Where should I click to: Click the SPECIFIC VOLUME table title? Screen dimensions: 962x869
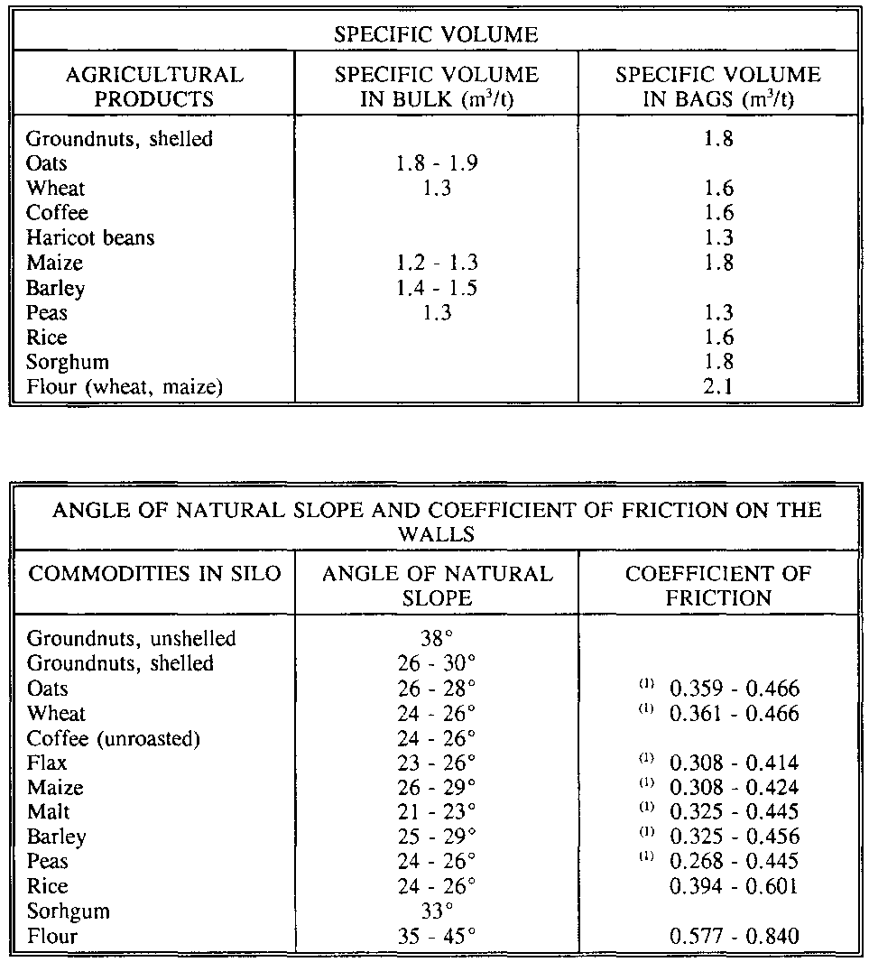(436, 35)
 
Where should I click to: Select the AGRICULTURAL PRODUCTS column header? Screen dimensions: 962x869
(154, 86)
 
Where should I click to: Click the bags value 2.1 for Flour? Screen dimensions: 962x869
(719, 387)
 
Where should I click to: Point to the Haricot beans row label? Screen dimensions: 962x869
(90, 237)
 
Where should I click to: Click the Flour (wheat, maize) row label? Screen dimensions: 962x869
(125, 387)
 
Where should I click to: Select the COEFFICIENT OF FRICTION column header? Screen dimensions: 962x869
(719, 586)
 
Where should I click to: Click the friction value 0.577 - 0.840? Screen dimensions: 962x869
(734, 936)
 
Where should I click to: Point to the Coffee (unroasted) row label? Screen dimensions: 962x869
(114, 737)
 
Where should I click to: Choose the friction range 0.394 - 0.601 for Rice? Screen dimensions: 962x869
(734, 885)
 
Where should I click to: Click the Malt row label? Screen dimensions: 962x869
(48, 811)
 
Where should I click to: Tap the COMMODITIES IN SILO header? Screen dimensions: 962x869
(154, 574)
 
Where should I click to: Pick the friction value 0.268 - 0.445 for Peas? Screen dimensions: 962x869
(734, 861)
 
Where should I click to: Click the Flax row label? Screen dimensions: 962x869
(47, 763)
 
